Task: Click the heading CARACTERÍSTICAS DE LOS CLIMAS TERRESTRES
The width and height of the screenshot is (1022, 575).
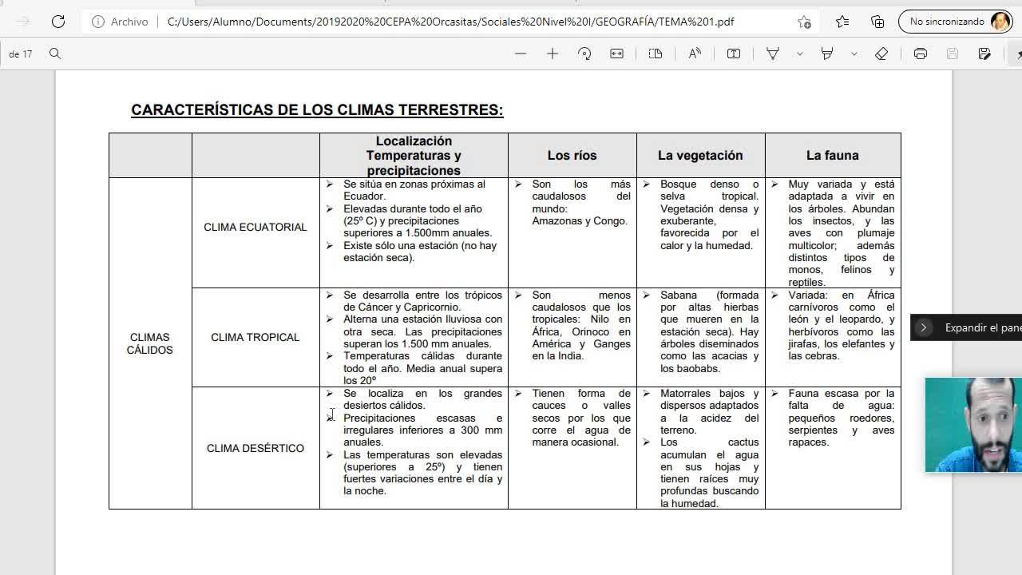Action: (317, 110)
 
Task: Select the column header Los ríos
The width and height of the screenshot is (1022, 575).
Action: (572, 156)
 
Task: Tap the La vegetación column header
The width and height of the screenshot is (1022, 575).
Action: (700, 156)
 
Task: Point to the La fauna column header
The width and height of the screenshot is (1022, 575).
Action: (832, 156)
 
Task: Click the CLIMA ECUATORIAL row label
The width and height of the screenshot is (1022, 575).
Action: (255, 228)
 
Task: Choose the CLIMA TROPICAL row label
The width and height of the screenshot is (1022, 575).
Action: (255, 338)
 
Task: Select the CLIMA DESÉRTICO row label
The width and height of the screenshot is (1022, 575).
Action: (255, 449)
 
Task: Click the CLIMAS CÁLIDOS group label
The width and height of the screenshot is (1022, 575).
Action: (149, 344)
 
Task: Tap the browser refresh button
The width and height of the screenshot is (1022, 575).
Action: (58, 22)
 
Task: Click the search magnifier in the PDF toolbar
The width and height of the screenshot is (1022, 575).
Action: (55, 54)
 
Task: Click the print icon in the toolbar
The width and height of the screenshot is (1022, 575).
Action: (921, 54)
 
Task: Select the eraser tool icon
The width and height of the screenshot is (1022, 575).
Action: (881, 54)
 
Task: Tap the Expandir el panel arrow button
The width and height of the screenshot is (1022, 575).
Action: (924, 327)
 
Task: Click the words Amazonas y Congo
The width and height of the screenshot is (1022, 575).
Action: (580, 221)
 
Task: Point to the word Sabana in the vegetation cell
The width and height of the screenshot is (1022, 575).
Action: (679, 295)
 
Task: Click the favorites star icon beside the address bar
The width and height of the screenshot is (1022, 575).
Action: (804, 22)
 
